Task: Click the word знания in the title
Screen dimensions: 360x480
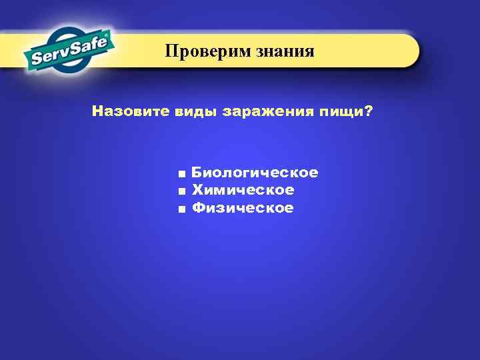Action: [x=284, y=51]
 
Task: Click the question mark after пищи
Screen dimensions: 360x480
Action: [x=369, y=111]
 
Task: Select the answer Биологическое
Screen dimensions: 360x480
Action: [x=255, y=173]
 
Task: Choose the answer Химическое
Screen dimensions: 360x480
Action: [x=243, y=191]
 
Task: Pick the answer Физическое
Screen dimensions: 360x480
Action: [x=243, y=209]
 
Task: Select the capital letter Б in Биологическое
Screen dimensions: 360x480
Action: [x=197, y=173]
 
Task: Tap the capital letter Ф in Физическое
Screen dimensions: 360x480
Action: [x=198, y=209]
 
